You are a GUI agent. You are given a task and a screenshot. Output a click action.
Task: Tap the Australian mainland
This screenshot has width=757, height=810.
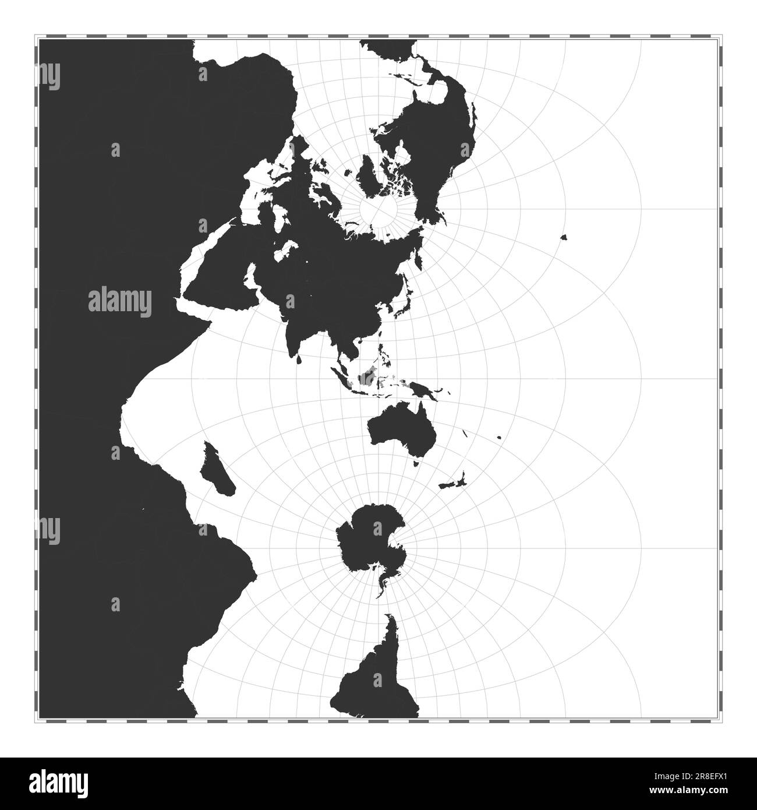coord(396,428)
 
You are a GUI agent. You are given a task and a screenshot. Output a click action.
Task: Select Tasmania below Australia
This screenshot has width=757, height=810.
coord(416,463)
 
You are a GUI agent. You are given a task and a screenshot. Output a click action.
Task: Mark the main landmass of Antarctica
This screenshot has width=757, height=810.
coord(370,539)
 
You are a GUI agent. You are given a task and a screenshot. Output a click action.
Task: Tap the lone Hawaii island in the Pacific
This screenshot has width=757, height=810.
coord(564,237)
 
